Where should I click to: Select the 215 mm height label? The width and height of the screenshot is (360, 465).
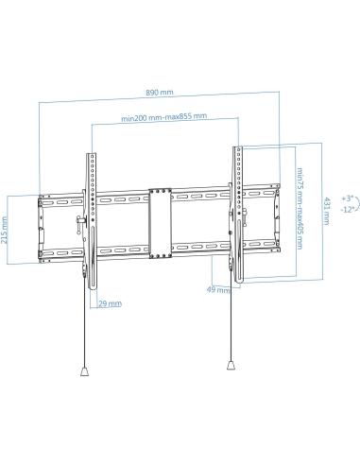6,228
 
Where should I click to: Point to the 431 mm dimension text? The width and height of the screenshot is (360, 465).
325,210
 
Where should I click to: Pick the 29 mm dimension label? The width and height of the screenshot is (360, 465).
110,303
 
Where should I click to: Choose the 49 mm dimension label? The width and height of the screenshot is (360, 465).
218,291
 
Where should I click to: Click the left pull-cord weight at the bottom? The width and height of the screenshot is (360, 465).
84,371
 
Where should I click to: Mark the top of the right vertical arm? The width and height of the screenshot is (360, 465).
235,148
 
